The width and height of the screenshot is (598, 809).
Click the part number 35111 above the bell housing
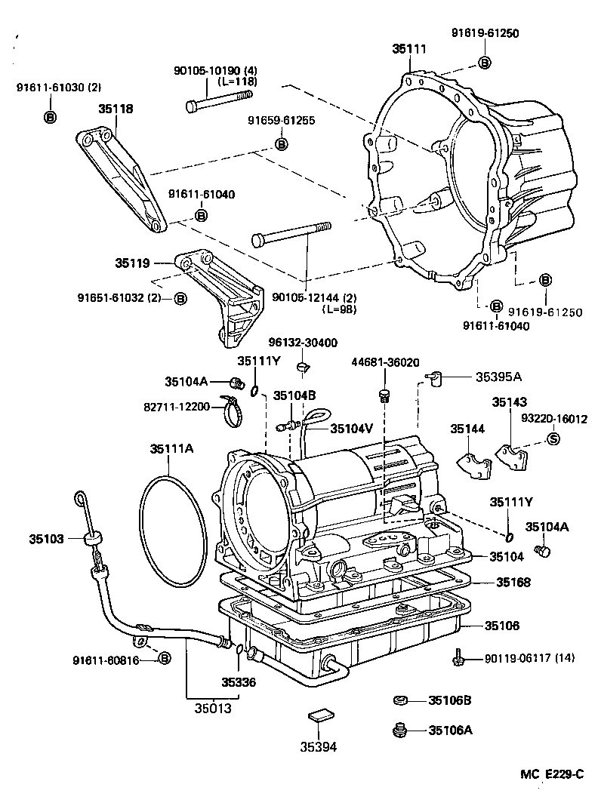pyautogui.click(x=409, y=49)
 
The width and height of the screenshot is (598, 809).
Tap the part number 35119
pyautogui.click(x=132, y=263)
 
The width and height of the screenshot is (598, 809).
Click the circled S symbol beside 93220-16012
pyautogui.click(x=552, y=438)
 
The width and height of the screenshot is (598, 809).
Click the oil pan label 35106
pyautogui.click(x=502, y=626)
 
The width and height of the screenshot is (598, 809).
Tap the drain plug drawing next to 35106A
pyautogui.click(x=401, y=730)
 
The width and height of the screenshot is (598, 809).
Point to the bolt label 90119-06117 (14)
pyautogui.click(x=528, y=659)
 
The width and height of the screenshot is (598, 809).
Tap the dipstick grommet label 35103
pyautogui.click(x=47, y=539)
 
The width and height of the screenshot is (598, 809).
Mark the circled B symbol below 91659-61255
pyautogui.click(x=280, y=143)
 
